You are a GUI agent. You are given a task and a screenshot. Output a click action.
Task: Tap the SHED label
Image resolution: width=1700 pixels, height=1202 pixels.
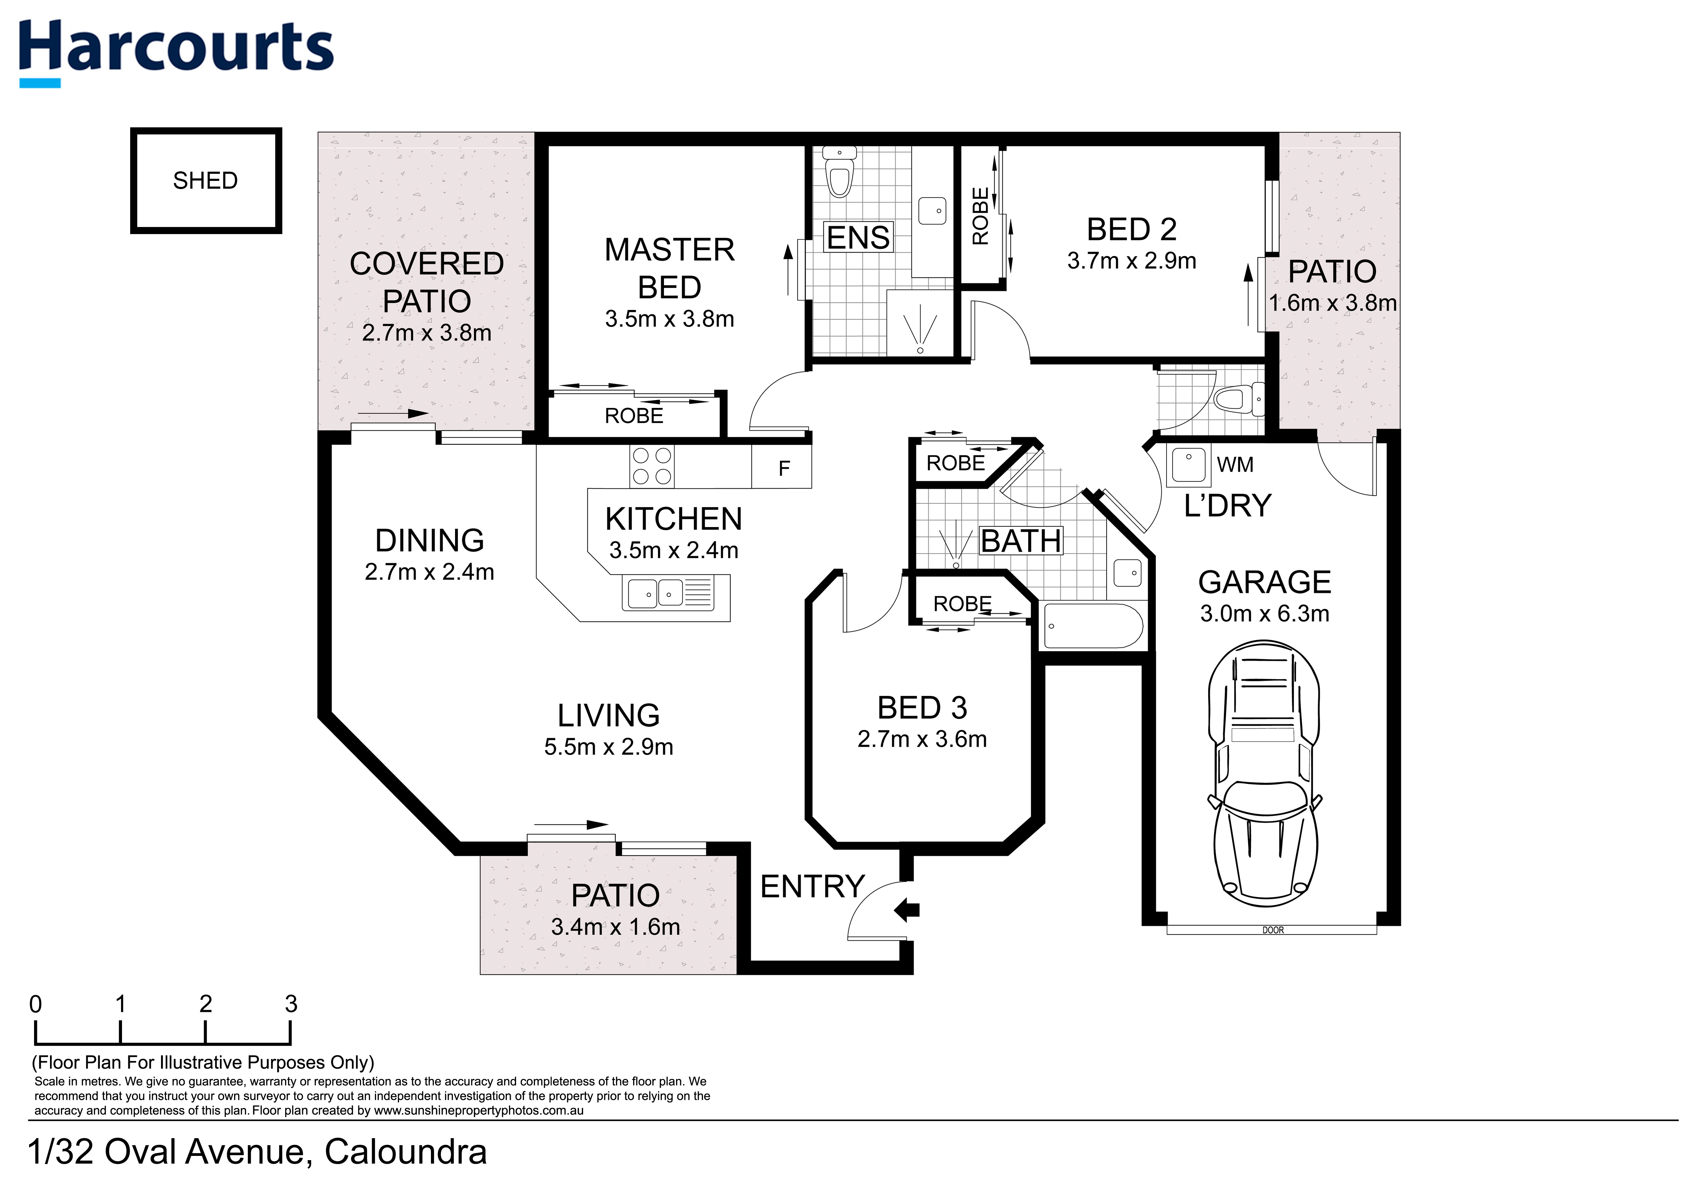coord(205,181)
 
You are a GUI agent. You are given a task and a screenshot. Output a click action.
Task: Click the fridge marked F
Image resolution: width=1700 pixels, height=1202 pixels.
coord(783,468)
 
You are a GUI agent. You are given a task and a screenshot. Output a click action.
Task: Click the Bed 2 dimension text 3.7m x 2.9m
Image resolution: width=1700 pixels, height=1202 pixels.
coord(1131,261)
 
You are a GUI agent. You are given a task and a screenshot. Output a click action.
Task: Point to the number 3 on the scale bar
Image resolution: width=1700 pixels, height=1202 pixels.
coord(291,1004)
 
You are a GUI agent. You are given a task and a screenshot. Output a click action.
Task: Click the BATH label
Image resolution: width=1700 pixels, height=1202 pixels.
coord(1021,541)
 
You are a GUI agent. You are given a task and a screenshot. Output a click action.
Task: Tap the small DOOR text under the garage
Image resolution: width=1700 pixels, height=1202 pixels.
coord(1273,930)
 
